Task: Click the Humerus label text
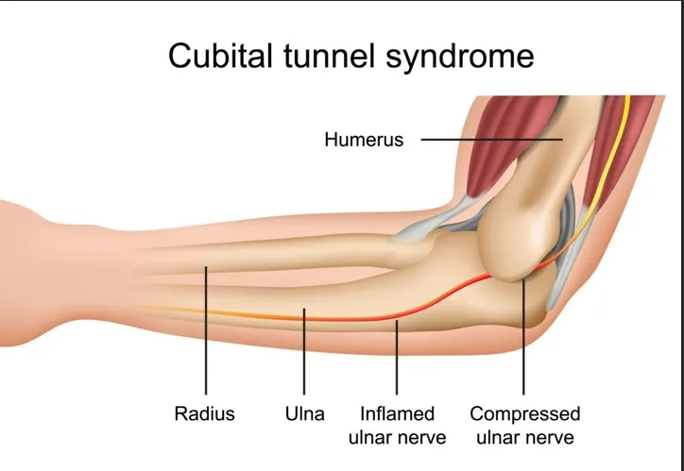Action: (x=364, y=141)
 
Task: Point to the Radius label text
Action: (x=204, y=413)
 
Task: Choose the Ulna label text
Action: (x=304, y=413)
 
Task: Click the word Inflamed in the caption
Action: (x=397, y=413)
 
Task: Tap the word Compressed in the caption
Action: (x=524, y=413)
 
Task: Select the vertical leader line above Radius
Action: (x=205, y=340)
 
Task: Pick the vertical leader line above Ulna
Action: (x=304, y=354)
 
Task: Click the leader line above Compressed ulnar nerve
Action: (x=523, y=340)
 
